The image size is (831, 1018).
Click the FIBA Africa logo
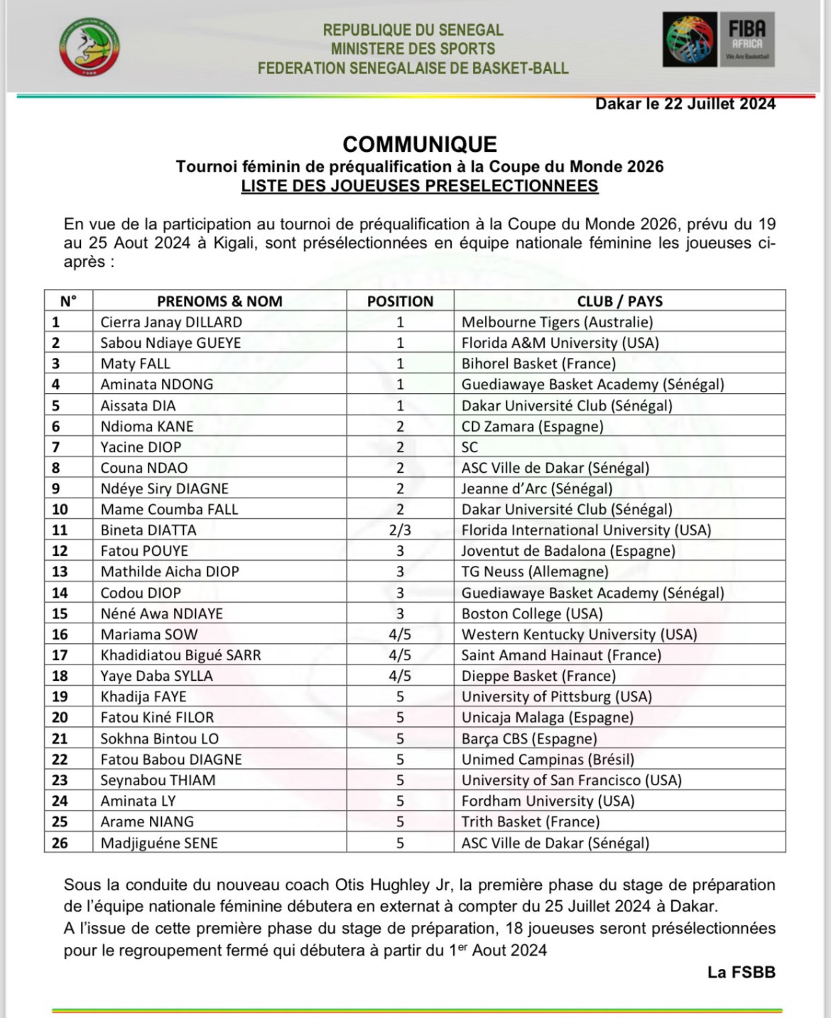pyautogui.click(x=718, y=40)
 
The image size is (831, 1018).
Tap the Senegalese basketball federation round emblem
pyautogui.click(x=89, y=46)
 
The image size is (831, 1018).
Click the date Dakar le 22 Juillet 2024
pyautogui.click(x=685, y=104)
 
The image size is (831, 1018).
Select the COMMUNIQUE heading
pyautogui.click(x=419, y=144)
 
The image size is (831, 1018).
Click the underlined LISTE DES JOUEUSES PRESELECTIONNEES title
pyautogui.click(x=419, y=186)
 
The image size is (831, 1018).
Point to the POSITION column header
pyautogui.click(x=400, y=301)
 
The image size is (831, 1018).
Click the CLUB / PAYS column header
pyautogui.click(x=619, y=301)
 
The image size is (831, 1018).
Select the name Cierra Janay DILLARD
pyautogui.click(x=171, y=322)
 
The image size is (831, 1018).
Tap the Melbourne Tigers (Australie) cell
pyautogui.click(x=557, y=322)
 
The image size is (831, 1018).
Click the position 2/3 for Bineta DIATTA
pyautogui.click(x=400, y=530)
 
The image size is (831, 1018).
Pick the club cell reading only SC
pyautogui.click(x=469, y=447)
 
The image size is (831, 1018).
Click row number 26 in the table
pyautogui.click(x=60, y=843)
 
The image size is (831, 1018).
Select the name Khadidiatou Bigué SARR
pyautogui.click(x=180, y=655)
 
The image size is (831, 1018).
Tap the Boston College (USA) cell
pyautogui.click(x=532, y=613)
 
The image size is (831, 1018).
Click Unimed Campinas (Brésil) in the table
pyautogui.click(x=548, y=760)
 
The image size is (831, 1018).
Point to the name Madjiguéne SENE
pyautogui.click(x=159, y=843)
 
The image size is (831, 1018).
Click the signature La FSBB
pyautogui.click(x=741, y=972)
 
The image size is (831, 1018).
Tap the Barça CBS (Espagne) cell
pyautogui.click(x=529, y=738)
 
